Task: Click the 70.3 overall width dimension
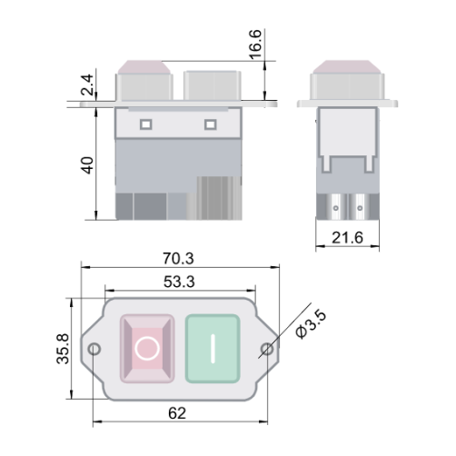(178, 259)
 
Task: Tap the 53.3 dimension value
(179, 282)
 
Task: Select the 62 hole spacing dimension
(177, 413)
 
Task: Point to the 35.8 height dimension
(64, 349)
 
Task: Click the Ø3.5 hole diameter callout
(312, 324)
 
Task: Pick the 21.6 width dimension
(347, 238)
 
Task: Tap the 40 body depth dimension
(88, 165)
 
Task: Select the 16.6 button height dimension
(255, 45)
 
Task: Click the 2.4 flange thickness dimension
(87, 85)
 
